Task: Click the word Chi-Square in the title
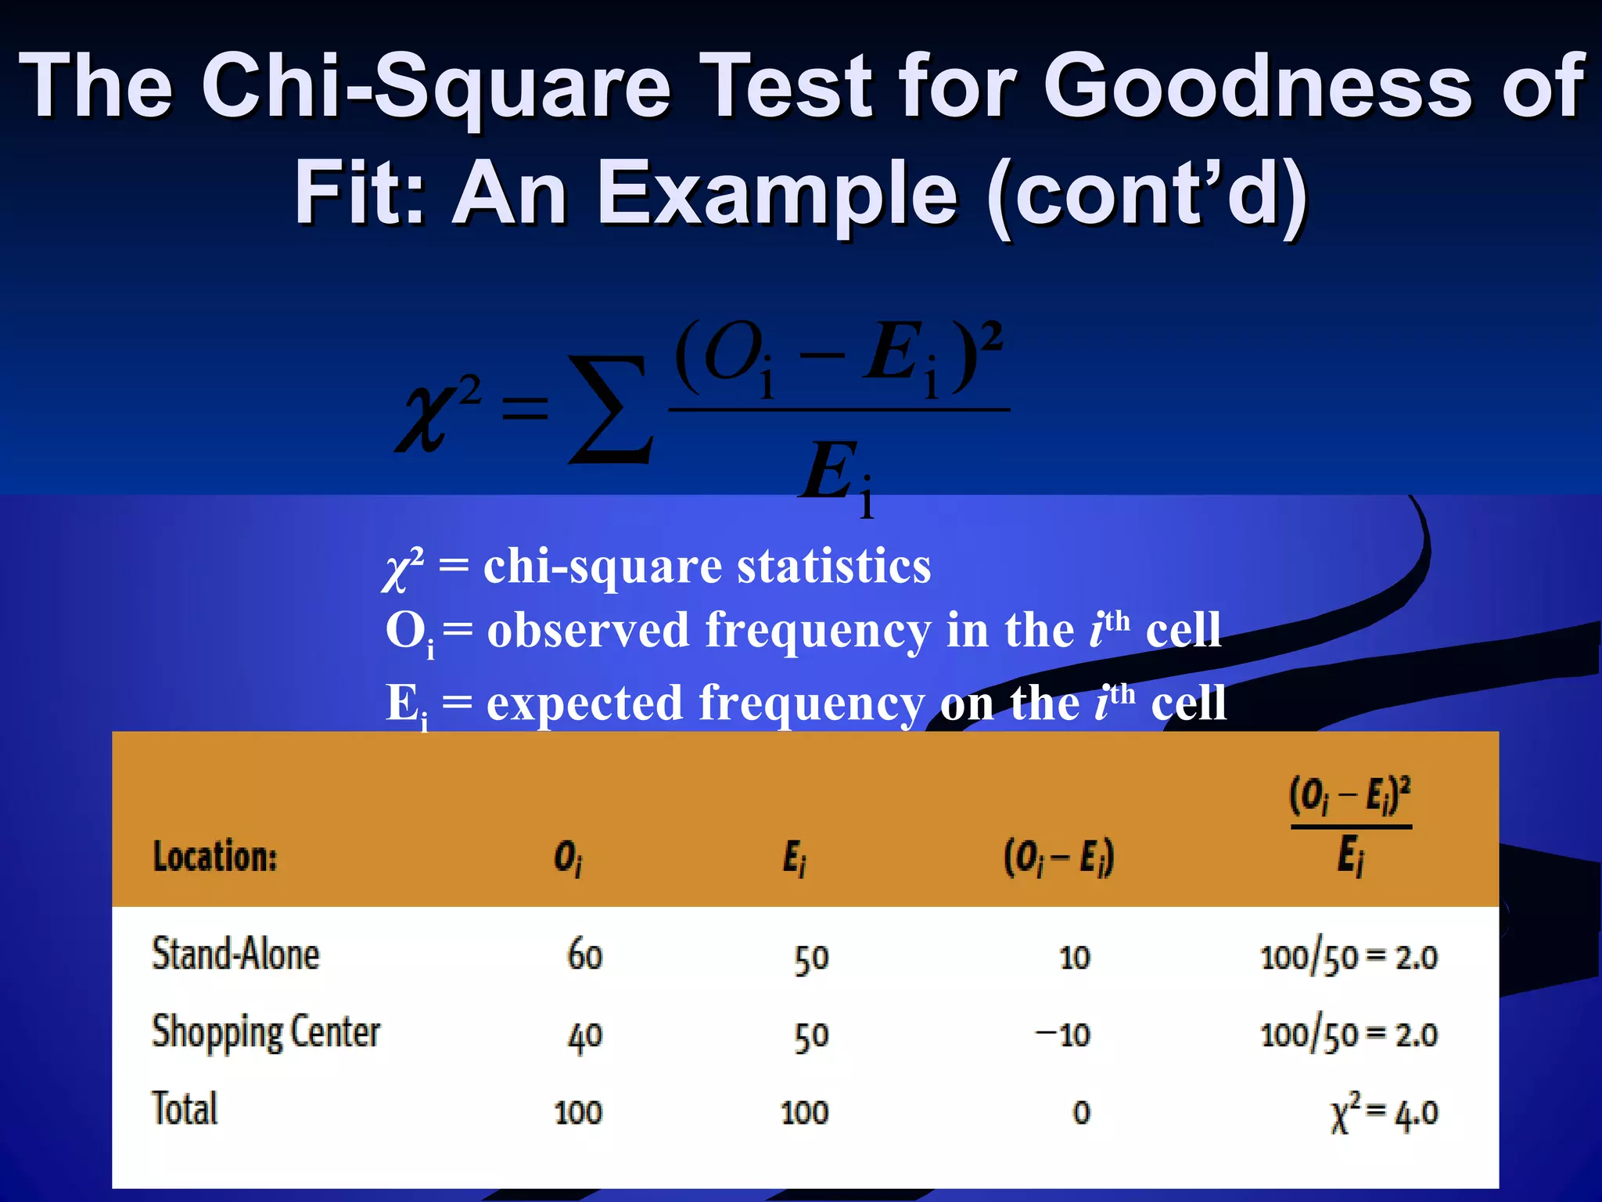(436, 86)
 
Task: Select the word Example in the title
(778, 193)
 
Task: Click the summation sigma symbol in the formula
(611, 408)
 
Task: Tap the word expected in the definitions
(585, 702)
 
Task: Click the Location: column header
(215, 856)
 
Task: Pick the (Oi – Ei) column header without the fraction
(1059, 857)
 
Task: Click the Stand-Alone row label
(235, 955)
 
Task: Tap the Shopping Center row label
(266, 1032)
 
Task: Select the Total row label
(185, 1109)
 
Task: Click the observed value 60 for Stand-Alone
(584, 956)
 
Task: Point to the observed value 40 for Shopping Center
(584, 1035)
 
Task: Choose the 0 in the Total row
(1081, 1112)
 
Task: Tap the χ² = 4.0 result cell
(1384, 1112)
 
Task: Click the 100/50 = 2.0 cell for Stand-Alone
(1349, 957)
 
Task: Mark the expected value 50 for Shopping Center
(811, 1035)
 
